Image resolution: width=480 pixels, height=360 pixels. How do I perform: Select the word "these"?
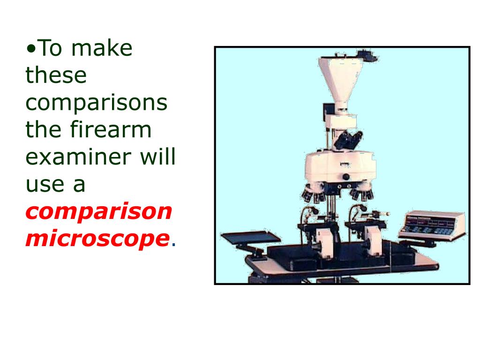tap(56, 75)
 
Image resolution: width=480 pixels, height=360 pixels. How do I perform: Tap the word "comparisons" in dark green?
tap(96, 103)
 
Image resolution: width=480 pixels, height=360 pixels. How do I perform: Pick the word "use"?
tap(43, 184)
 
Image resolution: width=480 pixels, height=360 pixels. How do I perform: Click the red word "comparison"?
tap(99, 211)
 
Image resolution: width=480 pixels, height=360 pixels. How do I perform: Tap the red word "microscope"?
tap(97, 239)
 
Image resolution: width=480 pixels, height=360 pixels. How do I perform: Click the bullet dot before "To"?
tap(30, 49)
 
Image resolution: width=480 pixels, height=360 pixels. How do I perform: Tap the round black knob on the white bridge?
tap(346, 177)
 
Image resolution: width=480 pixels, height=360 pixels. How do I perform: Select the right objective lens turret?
tap(361, 192)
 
